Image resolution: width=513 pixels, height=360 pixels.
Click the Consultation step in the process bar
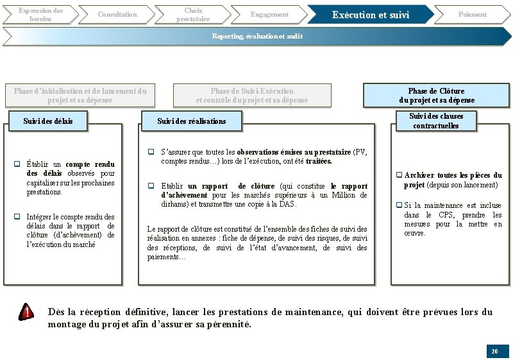click(117, 14)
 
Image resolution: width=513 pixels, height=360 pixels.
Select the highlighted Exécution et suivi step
click(370, 15)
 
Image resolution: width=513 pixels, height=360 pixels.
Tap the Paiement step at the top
click(472, 14)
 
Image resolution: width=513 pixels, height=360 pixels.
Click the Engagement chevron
click(269, 14)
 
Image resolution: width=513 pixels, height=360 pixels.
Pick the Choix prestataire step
click(193, 14)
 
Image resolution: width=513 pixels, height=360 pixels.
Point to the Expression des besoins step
click(40, 14)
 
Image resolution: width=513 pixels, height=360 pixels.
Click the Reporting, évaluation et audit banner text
click(257, 36)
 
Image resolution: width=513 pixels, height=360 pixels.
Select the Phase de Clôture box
click(437, 96)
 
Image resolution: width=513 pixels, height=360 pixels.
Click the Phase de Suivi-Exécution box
click(252, 96)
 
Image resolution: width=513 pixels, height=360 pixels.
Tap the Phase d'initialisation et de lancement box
click(80, 96)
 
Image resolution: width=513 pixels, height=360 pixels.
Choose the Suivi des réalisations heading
click(192, 121)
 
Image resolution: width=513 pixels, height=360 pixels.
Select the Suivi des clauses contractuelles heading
click(436, 121)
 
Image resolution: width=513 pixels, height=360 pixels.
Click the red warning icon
click(26, 312)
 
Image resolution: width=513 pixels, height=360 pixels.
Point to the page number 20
click(494, 352)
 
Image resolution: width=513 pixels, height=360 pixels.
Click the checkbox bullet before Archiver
click(399, 175)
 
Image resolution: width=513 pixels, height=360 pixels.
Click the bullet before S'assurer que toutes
click(151, 152)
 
